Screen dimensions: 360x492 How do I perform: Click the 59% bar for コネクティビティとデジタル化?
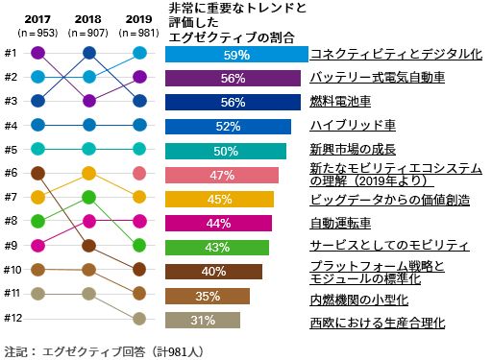tap(236, 55)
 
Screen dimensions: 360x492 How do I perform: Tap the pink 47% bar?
tap(222, 175)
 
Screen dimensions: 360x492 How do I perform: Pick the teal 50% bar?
tap(226, 151)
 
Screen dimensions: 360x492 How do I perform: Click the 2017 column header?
tap(38, 17)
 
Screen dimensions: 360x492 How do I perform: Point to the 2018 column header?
tap(88, 17)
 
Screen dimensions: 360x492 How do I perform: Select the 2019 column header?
tap(138, 17)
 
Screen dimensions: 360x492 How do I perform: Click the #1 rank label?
tap(11, 53)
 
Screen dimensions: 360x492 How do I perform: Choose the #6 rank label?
tap(11, 173)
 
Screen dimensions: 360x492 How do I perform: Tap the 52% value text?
tap(228, 127)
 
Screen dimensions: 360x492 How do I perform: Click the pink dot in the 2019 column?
tap(139, 174)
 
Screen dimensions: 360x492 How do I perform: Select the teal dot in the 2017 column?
tap(38, 149)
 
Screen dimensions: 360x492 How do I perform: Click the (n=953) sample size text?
tap(38, 32)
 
